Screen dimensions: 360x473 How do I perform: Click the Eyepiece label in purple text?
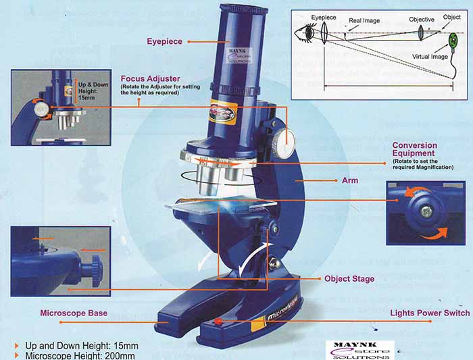pos(164,42)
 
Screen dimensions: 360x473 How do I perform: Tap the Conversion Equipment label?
pos(414,149)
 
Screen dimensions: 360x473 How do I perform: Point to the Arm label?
pos(351,181)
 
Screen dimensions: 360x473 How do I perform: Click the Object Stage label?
pos(349,278)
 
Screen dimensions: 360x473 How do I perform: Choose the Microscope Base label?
pos(74,313)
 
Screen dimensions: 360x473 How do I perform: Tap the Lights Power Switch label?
pos(430,313)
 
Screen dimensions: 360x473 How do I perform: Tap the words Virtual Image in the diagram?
pos(430,57)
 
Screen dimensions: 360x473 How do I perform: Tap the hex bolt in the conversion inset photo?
pos(426,212)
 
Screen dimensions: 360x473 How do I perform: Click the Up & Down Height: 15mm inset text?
pos(90,91)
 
